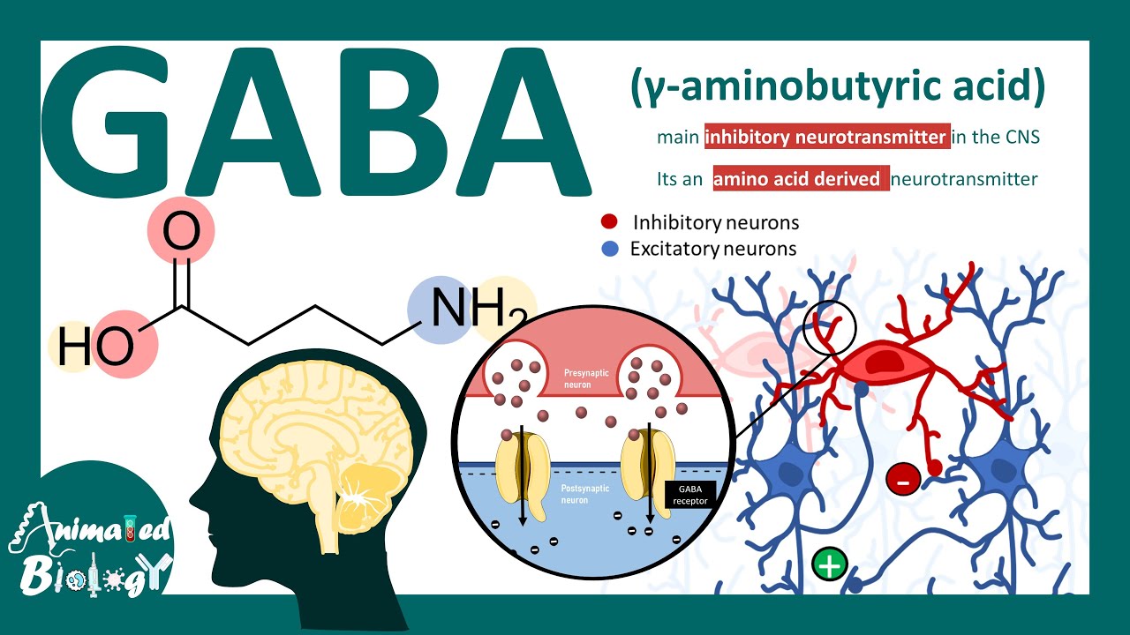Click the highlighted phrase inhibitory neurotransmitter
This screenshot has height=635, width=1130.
coord(827,137)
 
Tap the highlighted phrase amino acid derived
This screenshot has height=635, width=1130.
coord(801,178)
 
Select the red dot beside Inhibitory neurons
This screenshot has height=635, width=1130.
coord(609,221)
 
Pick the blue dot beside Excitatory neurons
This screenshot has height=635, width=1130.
coord(610,249)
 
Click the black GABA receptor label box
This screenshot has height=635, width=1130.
coord(690,495)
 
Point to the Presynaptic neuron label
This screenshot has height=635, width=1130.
coord(586,378)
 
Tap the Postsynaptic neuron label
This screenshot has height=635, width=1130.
coord(585,494)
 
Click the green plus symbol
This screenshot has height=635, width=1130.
coord(829,564)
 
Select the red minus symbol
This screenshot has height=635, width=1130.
coord(903,479)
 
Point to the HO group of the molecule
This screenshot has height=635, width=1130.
coord(96,347)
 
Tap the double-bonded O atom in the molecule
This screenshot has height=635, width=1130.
coord(182,231)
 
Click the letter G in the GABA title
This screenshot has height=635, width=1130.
coord(105,123)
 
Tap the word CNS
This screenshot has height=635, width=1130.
coord(1022,137)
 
